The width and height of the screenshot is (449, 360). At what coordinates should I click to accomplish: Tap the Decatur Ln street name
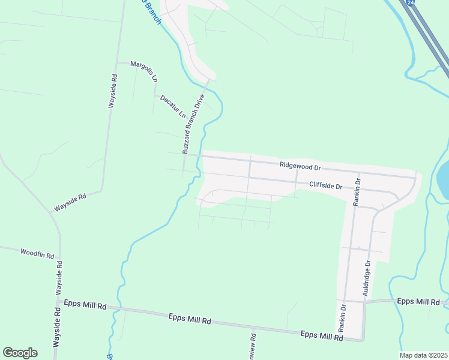(x=173, y=106)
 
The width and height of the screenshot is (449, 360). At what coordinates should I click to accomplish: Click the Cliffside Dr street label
(x=325, y=186)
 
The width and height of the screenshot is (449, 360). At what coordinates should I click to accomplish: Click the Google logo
(x=20, y=352)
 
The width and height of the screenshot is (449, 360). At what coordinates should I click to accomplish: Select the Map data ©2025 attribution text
(x=423, y=355)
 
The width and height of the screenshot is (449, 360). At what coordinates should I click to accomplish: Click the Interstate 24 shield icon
(x=410, y=3)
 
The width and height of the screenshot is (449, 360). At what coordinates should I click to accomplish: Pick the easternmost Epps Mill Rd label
(x=419, y=301)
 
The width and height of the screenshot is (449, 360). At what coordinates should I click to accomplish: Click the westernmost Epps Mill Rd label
(x=85, y=305)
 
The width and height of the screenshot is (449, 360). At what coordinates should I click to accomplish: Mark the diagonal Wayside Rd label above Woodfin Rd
(x=70, y=202)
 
